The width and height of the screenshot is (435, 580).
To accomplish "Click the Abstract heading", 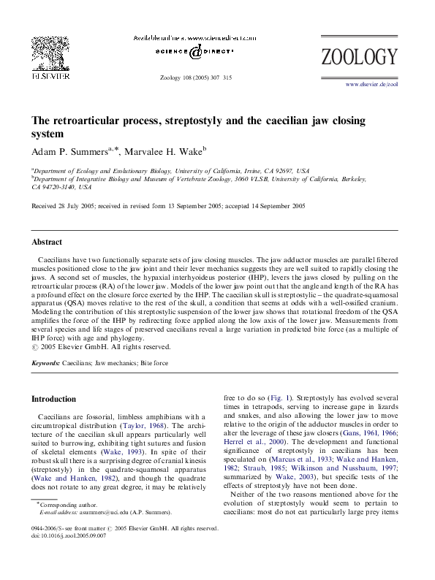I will (47, 242).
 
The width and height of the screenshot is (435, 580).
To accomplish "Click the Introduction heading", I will (53, 399).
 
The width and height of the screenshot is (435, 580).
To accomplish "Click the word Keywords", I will (45, 362).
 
